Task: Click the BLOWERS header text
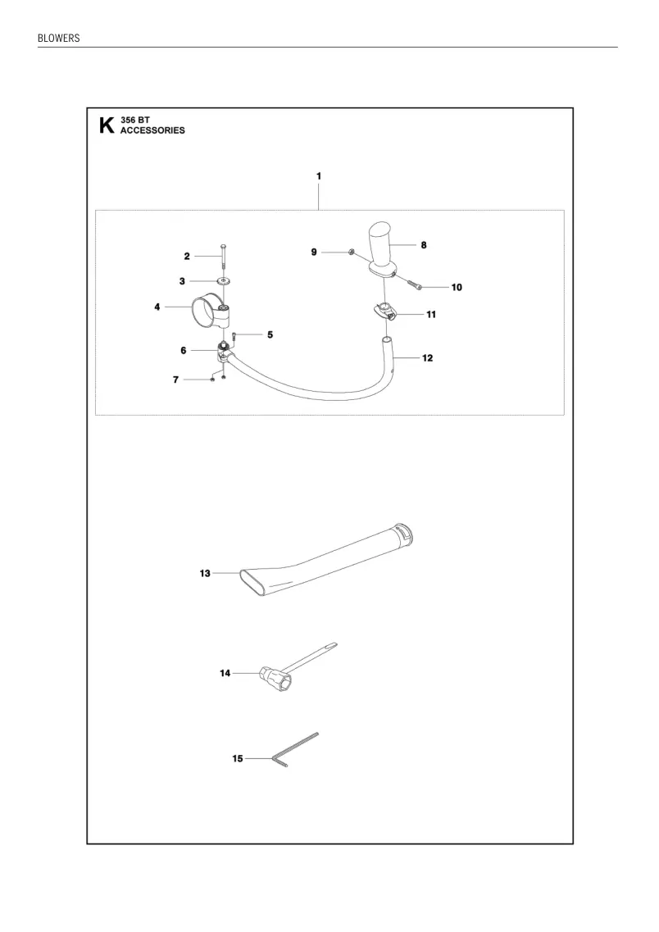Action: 58,38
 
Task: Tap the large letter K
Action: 107,125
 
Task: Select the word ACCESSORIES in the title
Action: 152,130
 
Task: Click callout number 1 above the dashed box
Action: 319,176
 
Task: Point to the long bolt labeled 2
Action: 223,257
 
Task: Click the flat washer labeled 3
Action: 224,281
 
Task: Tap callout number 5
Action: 270,334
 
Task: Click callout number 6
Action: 184,351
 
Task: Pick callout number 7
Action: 175,380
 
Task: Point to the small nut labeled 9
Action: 351,252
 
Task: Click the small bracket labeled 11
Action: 384,311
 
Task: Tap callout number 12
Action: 427,358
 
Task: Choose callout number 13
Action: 205,574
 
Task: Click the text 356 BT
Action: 135,120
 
